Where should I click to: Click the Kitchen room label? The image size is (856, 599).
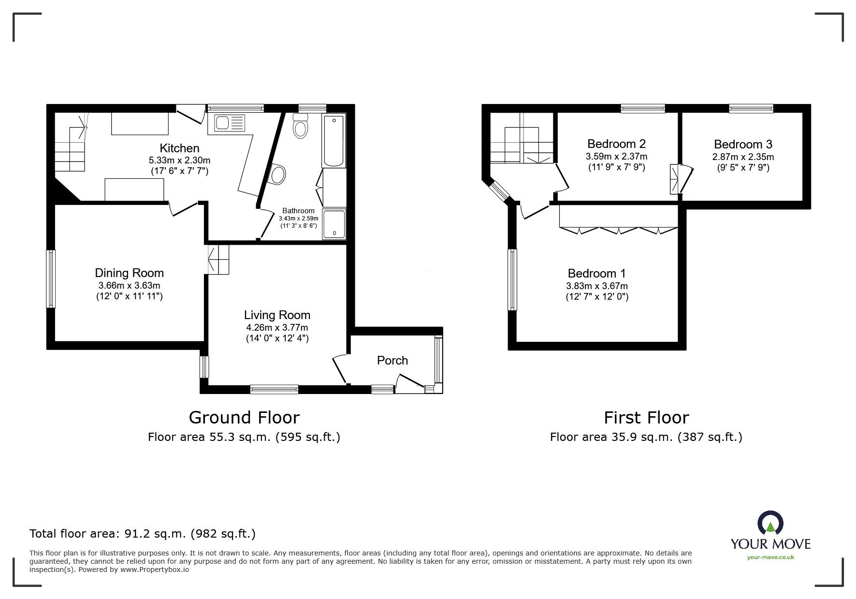point(179,148)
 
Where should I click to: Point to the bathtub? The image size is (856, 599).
point(334,141)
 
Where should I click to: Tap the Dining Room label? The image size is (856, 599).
point(129,273)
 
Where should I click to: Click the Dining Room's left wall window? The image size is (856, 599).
point(51,278)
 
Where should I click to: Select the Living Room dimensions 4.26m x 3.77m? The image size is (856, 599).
point(277,328)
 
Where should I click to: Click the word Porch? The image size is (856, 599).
point(392,360)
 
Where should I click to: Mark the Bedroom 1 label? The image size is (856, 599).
point(597,273)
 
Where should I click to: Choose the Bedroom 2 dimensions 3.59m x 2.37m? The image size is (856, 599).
point(616,156)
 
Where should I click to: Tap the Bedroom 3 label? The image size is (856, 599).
point(743,144)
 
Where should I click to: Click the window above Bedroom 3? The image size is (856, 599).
point(751,109)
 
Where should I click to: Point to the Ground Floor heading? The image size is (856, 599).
point(244,417)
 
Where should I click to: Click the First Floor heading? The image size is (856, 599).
point(646,417)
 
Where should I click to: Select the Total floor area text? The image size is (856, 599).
point(143,534)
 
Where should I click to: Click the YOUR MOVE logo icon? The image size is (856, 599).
point(770,523)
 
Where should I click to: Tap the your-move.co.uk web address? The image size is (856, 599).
point(770,557)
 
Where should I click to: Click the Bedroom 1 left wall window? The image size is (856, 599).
point(512,279)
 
